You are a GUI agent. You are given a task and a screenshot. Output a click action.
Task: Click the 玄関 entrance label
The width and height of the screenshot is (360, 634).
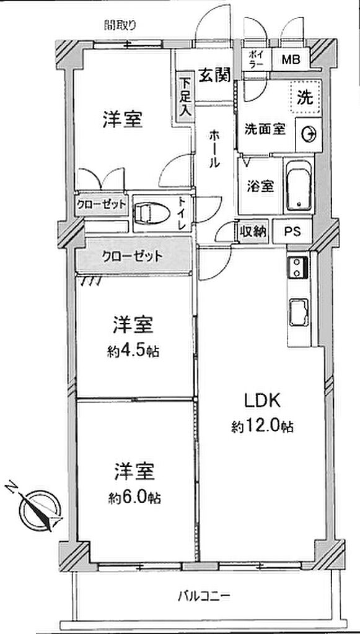214,74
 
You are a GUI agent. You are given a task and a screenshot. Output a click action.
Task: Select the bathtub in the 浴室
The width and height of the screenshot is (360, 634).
299,186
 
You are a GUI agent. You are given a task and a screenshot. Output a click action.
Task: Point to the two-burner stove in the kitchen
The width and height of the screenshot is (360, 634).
297,267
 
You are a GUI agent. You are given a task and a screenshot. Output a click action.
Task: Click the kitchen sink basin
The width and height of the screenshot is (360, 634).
299,313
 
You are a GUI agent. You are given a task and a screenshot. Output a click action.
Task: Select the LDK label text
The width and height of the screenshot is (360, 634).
262,401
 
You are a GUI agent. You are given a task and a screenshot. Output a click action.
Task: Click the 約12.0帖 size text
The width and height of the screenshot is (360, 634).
262,426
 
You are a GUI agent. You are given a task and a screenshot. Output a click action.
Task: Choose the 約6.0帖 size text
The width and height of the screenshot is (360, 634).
134,497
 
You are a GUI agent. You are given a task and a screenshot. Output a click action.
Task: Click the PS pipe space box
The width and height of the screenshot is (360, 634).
292,232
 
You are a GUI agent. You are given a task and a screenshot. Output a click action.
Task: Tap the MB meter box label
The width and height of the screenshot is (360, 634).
291,60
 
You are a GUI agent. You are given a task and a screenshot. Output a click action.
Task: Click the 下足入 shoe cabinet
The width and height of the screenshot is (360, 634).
185,97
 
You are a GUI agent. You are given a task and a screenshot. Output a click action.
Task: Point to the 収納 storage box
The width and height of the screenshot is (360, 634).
253,232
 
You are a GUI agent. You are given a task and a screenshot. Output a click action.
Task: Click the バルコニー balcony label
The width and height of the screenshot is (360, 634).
204,596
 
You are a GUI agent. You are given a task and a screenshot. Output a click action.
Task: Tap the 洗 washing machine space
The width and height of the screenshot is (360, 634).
306,97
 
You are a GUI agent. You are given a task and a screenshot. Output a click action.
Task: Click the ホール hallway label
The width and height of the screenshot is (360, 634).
215,149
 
